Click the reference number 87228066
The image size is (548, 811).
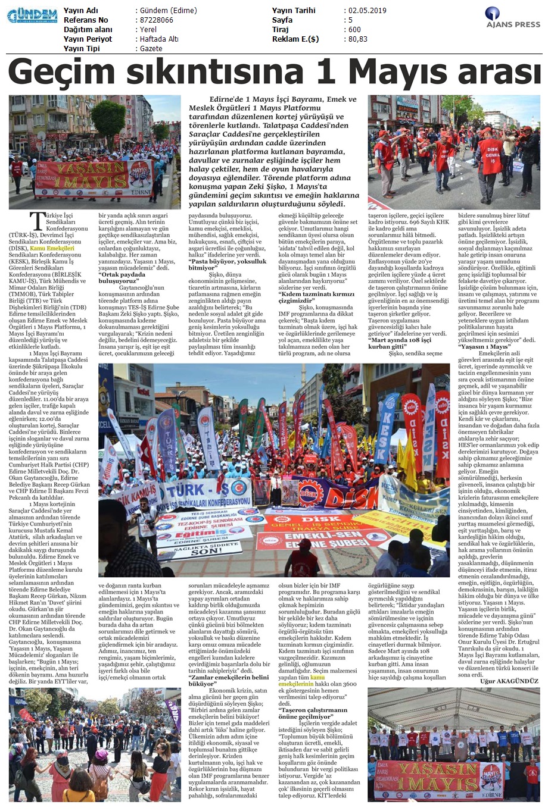156,20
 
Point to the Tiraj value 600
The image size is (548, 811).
354,30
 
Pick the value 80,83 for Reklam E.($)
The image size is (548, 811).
357,39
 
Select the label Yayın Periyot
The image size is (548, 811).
88,39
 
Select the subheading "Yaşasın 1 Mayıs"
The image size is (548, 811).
484,346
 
